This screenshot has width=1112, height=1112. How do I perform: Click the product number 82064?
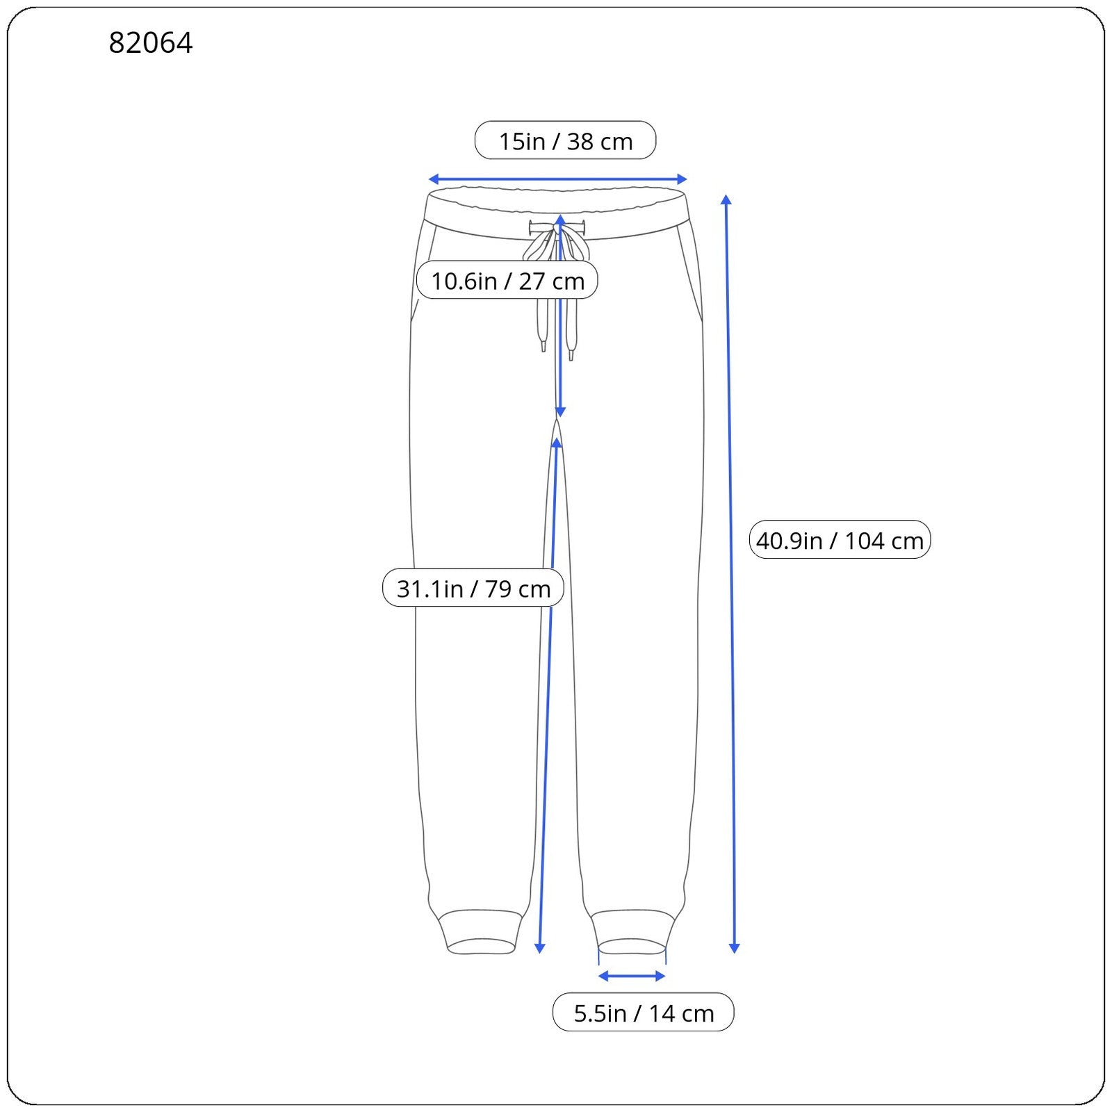151,43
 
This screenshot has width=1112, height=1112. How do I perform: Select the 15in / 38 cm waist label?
565,140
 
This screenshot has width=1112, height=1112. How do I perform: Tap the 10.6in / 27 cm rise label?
507,280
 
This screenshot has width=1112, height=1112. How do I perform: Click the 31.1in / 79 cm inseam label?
473,588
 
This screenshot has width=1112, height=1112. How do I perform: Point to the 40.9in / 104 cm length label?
840,539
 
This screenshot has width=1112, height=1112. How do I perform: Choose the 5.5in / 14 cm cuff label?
644,1013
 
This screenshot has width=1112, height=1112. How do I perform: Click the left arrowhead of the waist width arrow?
432,179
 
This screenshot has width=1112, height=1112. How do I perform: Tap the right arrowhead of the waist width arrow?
682,179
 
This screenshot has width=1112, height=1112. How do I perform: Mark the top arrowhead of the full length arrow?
726,199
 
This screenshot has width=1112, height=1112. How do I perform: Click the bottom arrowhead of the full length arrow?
734,949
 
